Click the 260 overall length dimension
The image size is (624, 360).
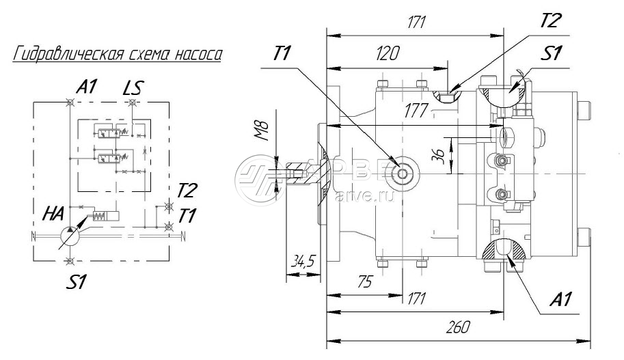click(457, 328)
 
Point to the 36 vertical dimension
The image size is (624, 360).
click(441, 157)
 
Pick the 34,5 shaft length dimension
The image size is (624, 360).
click(303, 262)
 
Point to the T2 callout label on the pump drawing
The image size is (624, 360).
click(550, 20)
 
